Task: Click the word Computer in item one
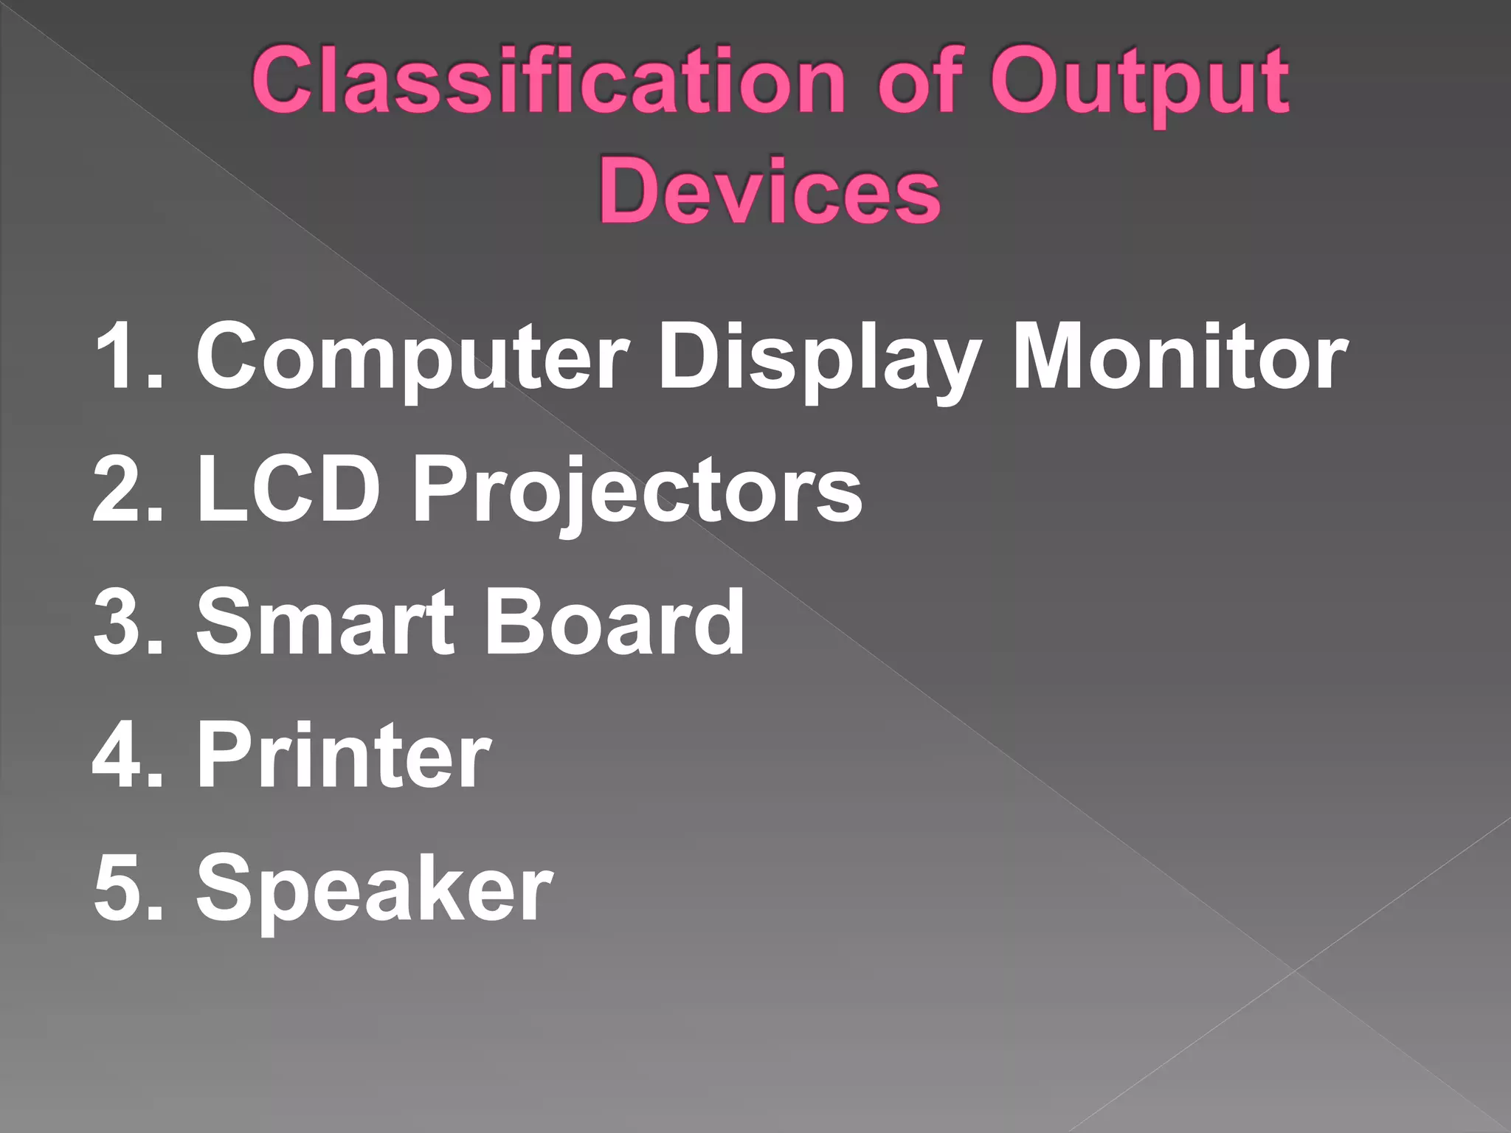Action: (x=412, y=358)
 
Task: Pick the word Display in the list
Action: (x=819, y=358)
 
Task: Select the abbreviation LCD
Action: (x=288, y=488)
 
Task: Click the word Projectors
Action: (x=637, y=491)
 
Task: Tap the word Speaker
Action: (x=374, y=889)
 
